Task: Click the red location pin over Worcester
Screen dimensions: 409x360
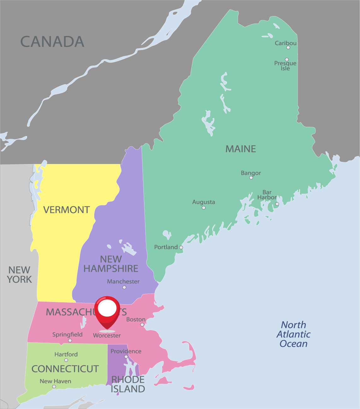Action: [x=107, y=311]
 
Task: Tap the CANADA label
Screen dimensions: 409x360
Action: [x=52, y=42]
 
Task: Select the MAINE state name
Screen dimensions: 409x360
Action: [x=241, y=149]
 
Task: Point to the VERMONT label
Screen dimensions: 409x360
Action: [x=67, y=210]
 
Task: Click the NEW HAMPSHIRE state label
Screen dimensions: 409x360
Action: [x=111, y=264]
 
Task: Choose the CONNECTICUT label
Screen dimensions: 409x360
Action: [x=65, y=369]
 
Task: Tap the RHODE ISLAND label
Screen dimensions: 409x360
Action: [x=128, y=384]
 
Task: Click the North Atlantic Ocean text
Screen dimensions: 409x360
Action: [x=293, y=334]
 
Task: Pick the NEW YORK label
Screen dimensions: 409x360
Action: [x=20, y=275]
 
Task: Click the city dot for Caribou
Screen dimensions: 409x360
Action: [x=288, y=47]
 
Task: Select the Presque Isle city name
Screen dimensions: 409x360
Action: [x=285, y=66]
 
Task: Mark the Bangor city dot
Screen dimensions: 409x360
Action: [x=251, y=178]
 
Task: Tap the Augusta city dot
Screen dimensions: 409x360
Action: [x=204, y=208]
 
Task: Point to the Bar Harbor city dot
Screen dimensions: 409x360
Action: [x=277, y=204]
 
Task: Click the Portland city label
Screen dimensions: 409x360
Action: [x=166, y=247]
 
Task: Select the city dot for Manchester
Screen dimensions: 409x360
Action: [x=124, y=287]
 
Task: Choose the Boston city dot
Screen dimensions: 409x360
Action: [x=142, y=324]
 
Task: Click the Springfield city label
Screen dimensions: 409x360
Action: [x=67, y=335]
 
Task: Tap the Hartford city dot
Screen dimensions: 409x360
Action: [x=66, y=360]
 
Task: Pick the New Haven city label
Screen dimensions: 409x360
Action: [x=55, y=381]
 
